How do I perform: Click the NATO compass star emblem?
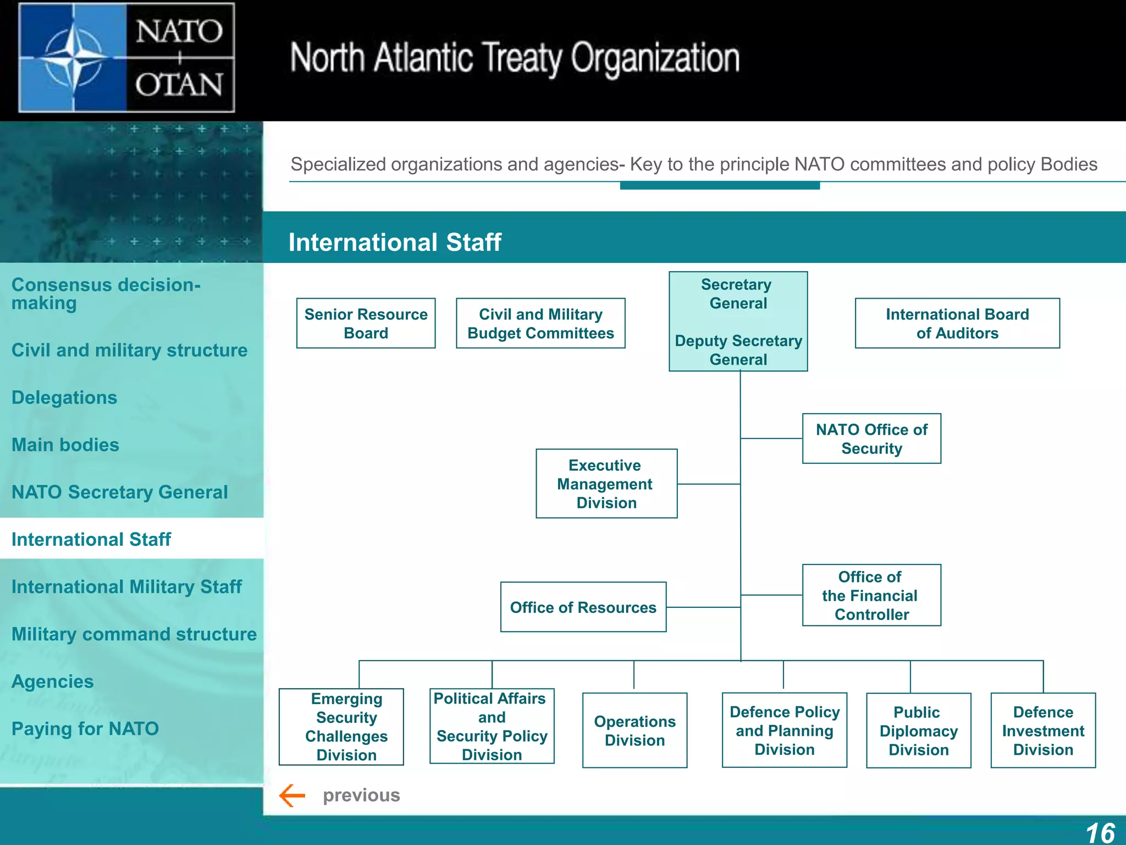pyautogui.click(x=73, y=57)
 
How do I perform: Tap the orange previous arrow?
pyautogui.click(x=292, y=795)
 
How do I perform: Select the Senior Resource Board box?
pyautogui.click(x=366, y=323)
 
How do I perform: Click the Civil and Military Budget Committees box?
pyautogui.click(x=540, y=323)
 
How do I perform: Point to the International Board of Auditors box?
pyautogui.click(x=957, y=323)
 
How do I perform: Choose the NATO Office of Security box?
pyautogui.click(x=871, y=438)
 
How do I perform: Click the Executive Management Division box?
pyautogui.click(x=606, y=484)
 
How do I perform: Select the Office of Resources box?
pyautogui.click(x=583, y=607)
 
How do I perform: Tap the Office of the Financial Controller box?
pyautogui.click(x=871, y=595)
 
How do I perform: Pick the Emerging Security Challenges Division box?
pyautogui.click(x=341, y=727)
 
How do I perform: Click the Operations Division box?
pyautogui.click(x=634, y=730)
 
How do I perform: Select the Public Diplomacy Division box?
pyautogui.click(x=918, y=731)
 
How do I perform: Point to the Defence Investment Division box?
pyautogui.click(x=1043, y=731)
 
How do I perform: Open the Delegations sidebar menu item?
pyautogui.click(x=64, y=397)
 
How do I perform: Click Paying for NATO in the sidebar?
pyautogui.click(x=85, y=728)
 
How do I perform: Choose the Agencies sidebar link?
pyautogui.click(x=53, y=681)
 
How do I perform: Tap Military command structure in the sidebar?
pyautogui.click(x=134, y=634)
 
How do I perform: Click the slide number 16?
pyautogui.click(x=1100, y=832)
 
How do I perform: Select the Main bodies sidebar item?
pyautogui.click(x=65, y=445)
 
